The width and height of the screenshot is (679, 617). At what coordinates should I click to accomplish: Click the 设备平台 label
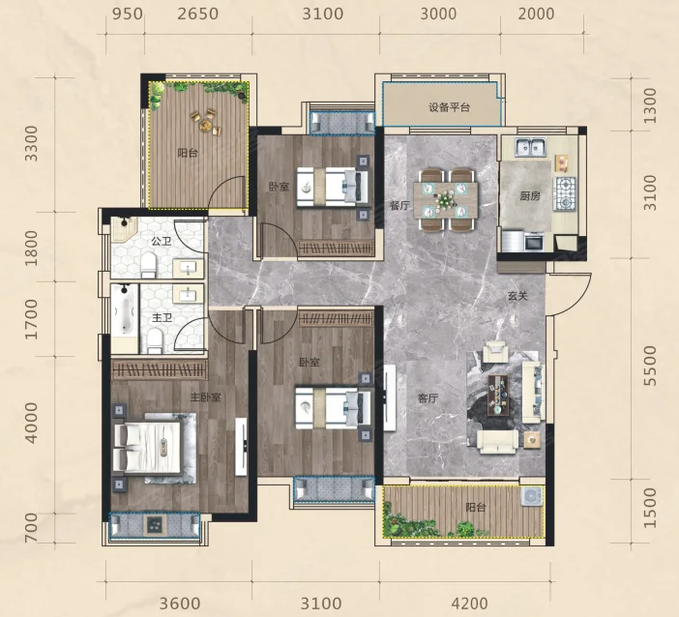[x=449, y=107]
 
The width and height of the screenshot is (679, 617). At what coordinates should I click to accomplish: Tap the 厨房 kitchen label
[x=530, y=196]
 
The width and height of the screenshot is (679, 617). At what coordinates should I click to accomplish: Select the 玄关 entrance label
[x=517, y=296]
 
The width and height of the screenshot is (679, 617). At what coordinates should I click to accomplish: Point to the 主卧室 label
[x=206, y=397]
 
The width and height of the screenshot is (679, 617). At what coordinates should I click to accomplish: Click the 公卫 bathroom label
[x=162, y=241]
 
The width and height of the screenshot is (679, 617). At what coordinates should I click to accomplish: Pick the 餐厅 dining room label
[x=399, y=205]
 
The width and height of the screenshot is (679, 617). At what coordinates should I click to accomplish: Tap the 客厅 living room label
[x=428, y=398]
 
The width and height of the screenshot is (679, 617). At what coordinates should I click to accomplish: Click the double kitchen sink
[x=530, y=147]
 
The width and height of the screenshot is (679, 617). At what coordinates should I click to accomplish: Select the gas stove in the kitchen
[x=566, y=193]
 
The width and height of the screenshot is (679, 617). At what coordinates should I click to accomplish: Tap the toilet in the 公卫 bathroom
[x=149, y=265]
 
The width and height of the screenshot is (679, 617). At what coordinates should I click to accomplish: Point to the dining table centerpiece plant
[x=445, y=199]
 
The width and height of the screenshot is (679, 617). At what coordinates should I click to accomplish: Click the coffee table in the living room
[x=498, y=396]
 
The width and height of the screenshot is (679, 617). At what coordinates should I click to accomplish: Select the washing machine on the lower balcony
[x=532, y=496]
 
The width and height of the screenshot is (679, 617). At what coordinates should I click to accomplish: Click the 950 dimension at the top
[x=128, y=14]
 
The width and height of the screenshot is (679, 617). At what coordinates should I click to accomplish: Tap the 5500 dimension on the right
[x=650, y=366]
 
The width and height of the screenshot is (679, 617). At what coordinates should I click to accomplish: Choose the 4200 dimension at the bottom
[x=469, y=603]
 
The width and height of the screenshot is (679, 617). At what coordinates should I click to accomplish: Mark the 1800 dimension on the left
[x=31, y=248]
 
